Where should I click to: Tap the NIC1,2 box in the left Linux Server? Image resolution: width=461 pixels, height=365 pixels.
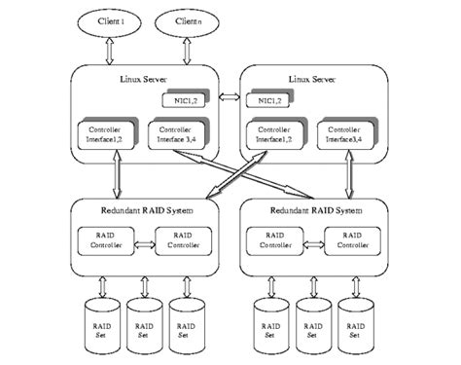tap(181, 101)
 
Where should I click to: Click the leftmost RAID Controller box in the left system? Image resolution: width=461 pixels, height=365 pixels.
tap(105, 239)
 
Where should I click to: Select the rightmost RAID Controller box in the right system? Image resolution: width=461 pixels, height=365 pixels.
tap(350, 239)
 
